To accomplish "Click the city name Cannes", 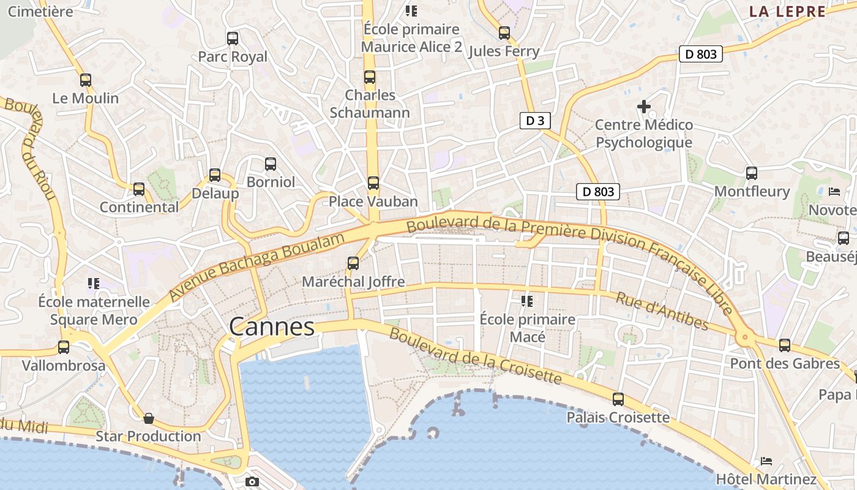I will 272,327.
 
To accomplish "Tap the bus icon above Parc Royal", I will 233,39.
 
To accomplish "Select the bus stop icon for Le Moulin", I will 86,80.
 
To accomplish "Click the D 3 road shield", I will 535,121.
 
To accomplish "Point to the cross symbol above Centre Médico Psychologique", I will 644,107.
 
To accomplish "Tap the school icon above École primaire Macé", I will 526,301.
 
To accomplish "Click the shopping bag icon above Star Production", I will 149,419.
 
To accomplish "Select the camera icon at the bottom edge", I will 252,482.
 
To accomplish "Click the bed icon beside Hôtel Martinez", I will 766,461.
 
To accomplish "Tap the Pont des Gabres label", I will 785,363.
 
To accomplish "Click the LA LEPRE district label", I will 787,11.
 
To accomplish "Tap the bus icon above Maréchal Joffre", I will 353,263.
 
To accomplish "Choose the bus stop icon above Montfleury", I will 752,173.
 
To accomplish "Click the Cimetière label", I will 40,11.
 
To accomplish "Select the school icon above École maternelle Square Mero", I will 94,283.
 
